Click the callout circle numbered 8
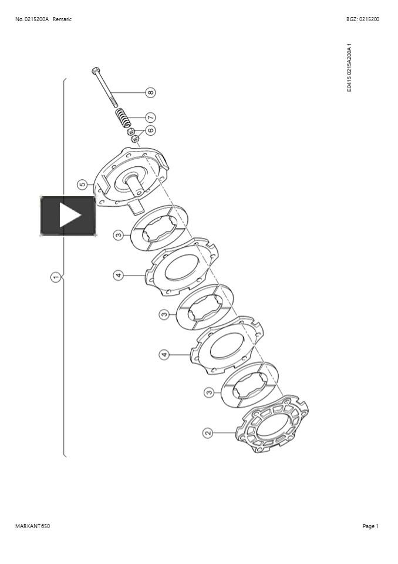[151, 92]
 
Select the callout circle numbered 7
[151, 117]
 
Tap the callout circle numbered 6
[151, 130]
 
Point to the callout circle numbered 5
[82, 185]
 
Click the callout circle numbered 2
[208, 433]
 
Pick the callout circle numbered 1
[55, 277]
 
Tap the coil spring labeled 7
[123, 118]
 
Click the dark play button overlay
[68, 216]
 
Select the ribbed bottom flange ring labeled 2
[272, 424]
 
